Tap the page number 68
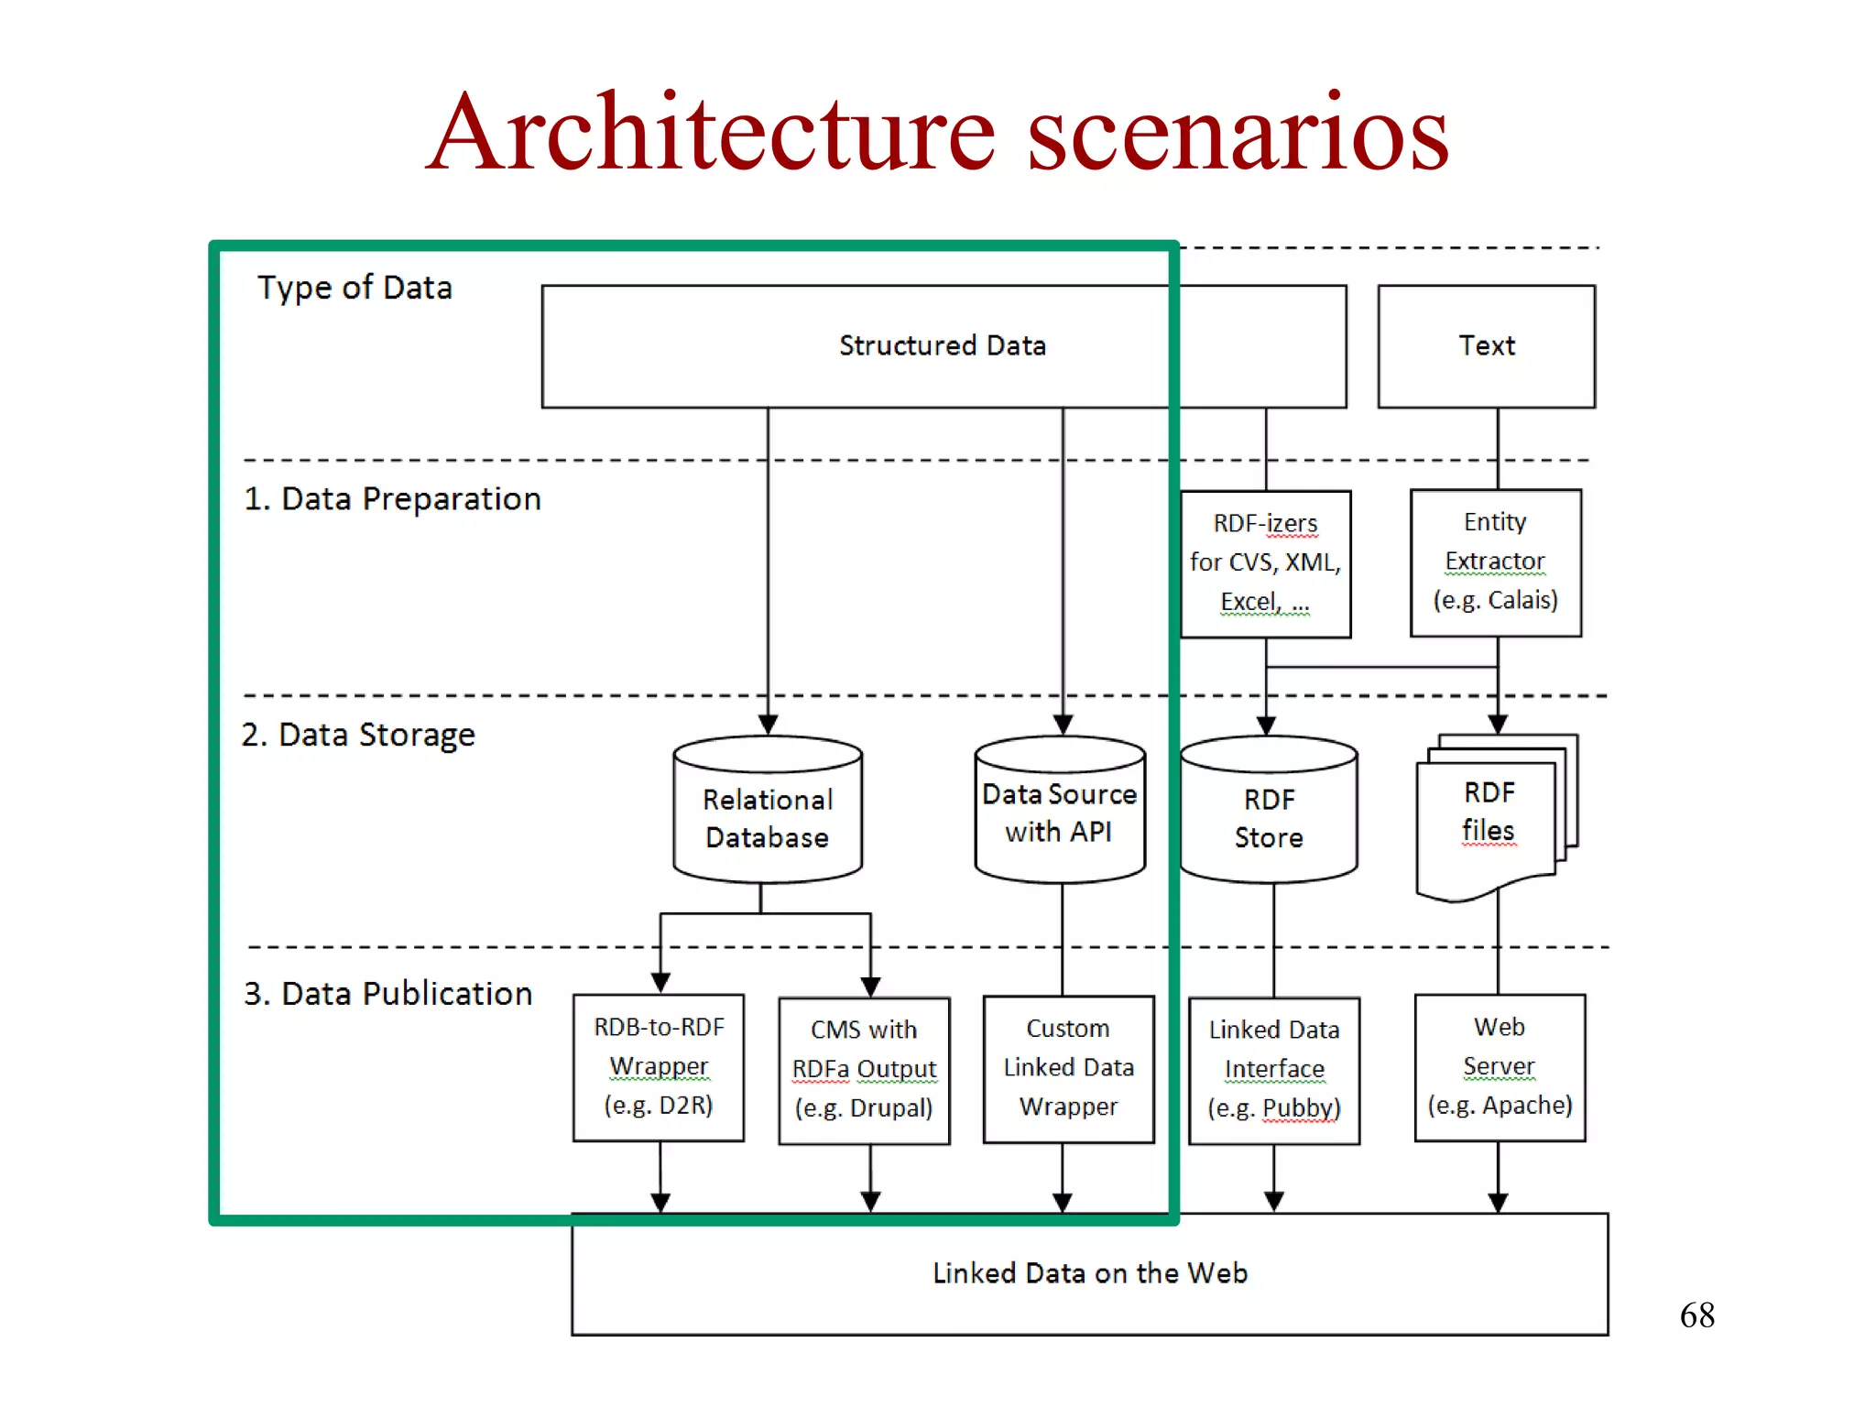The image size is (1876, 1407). coord(1696,1315)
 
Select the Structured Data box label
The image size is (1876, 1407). coord(942,346)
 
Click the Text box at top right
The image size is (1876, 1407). coord(1486,346)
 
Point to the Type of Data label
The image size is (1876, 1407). coord(354,288)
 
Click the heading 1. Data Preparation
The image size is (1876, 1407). coord(392,499)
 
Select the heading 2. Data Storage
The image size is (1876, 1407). coord(358,735)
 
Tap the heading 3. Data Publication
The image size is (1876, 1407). coord(387,994)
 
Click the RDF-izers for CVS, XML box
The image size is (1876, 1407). coord(1265,562)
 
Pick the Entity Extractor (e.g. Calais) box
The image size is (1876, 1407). coord(1495,562)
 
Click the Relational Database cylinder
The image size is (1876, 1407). coord(768,817)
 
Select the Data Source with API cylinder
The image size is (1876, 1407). coord(1060,813)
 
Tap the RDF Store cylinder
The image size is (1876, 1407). coord(1269,817)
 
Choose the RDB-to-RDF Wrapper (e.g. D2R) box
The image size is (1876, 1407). coord(659,1066)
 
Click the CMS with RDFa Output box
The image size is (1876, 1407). coord(864,1069)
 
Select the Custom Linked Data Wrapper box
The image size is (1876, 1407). coord(1068,1068)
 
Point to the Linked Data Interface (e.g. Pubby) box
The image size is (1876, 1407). coord(1273,1069)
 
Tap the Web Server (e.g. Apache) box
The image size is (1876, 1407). coord(1500,1066)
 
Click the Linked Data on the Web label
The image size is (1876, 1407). coord(1090,1273)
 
